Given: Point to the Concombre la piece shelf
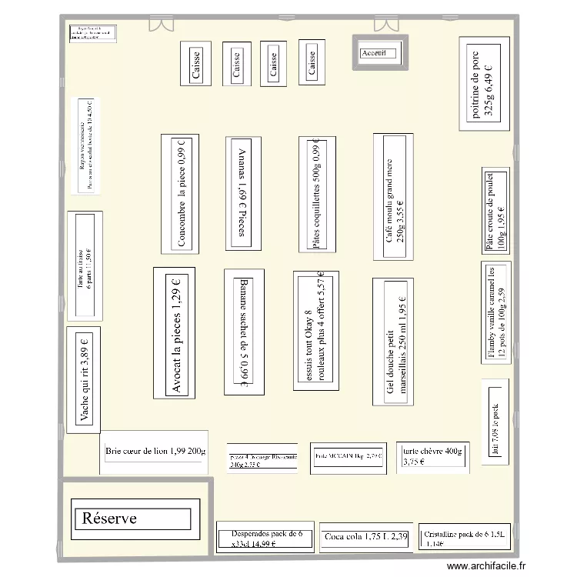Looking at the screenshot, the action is click(180, 193).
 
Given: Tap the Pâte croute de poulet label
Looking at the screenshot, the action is click(495, 210).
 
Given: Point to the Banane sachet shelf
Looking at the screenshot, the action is click(244, 332).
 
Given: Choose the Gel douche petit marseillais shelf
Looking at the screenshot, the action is click(395, 340).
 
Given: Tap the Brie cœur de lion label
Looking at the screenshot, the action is click(155, 451).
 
